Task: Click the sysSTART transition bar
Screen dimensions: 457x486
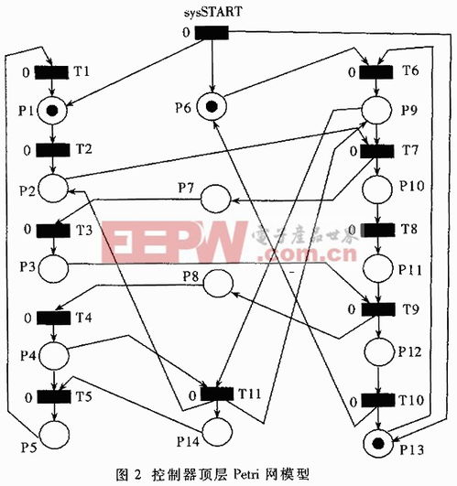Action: (212, 33)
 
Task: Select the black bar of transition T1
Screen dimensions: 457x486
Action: (51, 72)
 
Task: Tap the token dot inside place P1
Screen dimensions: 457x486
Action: (52, 111)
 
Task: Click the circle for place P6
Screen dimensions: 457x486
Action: (212, 106)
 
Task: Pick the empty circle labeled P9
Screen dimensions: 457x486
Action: (376, 110)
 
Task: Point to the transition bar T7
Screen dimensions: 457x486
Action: (377, 151)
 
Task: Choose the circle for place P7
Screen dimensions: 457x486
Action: (216, 199)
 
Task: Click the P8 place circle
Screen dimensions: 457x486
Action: (218, 284)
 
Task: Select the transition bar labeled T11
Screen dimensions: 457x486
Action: (217, 394)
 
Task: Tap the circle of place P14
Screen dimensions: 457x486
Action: (217, 431)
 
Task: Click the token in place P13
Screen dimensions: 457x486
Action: (378, 444)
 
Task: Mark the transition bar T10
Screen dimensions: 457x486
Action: (378, 400)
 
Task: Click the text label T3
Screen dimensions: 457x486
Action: (84, 231)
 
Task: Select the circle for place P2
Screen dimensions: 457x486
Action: (53, 189)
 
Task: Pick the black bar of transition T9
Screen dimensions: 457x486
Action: (378, 309)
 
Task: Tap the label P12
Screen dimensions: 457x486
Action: (410, 351)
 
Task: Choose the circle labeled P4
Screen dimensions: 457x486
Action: (54, 355)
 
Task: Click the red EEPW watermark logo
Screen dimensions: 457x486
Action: (174, 242)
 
